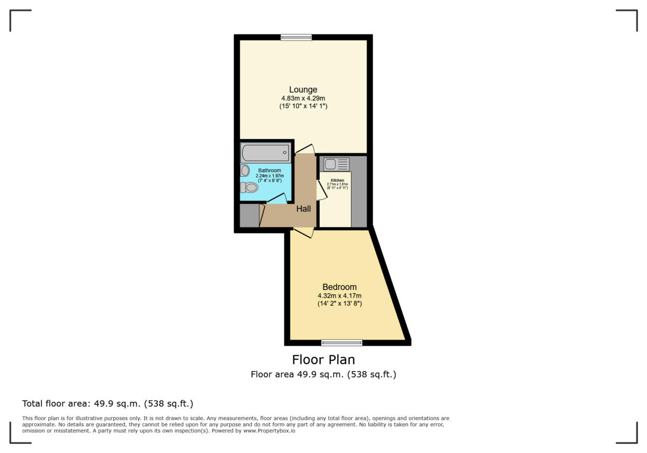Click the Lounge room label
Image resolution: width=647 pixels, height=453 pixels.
303,90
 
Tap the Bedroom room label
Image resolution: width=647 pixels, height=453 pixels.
339,287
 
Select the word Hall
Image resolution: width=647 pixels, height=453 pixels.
303,209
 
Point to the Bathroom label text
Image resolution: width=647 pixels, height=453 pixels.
269,170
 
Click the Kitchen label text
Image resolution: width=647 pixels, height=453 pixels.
338,180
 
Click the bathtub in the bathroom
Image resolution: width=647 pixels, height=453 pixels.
265,153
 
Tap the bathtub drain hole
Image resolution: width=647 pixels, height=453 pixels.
285,153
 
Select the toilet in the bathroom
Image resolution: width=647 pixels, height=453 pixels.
249,188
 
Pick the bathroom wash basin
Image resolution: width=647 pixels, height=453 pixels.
245,171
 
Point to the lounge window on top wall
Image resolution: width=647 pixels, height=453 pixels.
296,37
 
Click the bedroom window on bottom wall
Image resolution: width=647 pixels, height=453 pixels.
341,342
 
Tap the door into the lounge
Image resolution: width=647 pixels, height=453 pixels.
305,149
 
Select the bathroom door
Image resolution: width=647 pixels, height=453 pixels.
277,199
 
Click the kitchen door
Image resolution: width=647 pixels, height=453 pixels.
321,190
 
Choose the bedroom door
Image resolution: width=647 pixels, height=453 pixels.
304,232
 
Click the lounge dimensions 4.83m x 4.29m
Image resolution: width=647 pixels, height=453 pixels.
303,98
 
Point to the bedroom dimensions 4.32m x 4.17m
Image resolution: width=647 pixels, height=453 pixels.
339,296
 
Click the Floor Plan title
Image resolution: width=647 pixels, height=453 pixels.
323,359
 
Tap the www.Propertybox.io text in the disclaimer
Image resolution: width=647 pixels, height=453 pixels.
269,431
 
